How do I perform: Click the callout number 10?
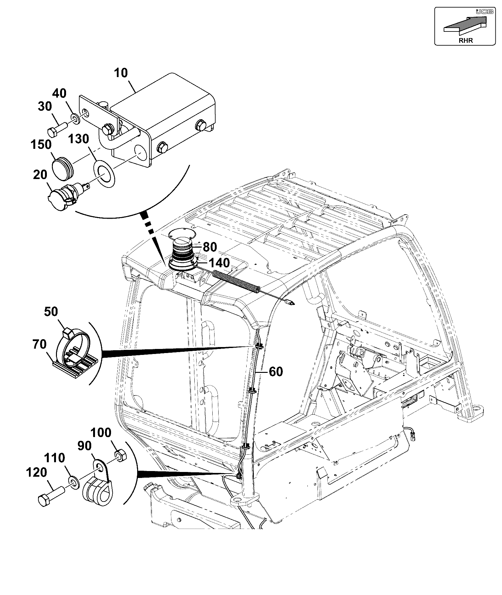click(121, 73)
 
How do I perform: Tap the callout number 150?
click(41, 145)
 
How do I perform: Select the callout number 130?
click(79, 139)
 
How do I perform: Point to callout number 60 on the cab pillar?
click(276, 372)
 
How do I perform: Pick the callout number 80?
click(210, 247)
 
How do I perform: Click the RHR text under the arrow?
click(466, 40)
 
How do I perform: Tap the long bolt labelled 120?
click(52, 493)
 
